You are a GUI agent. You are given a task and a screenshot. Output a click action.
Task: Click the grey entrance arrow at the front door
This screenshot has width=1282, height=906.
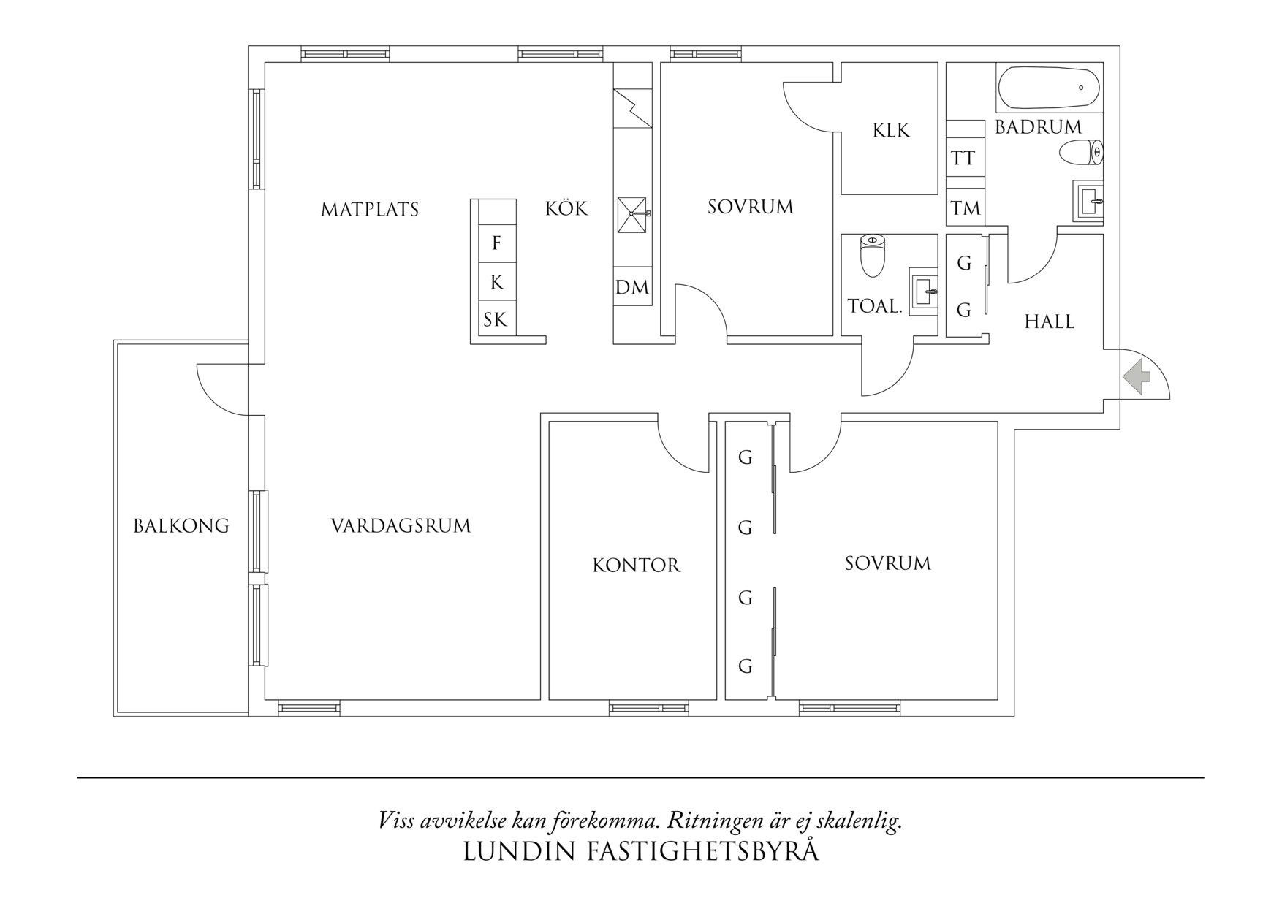click(1137, 377)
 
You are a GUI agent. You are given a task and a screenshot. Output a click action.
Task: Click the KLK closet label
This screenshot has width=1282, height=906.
click(890, 131)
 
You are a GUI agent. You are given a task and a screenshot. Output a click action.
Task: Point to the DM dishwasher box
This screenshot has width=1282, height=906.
click(632, 288)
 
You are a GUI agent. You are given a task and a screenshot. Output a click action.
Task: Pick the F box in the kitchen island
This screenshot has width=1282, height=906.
click(497, 243)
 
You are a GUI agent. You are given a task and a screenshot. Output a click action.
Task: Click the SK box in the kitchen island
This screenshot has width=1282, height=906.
click(495, 320)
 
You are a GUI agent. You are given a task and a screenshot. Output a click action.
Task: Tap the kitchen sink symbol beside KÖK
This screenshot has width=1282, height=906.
click(632, 215)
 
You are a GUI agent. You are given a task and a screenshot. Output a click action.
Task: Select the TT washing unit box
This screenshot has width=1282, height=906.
click(963, 159)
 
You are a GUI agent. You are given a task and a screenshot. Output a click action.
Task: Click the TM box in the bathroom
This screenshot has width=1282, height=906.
click(966, 209)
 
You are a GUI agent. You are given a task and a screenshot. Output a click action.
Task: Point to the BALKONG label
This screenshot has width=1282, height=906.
click(181, 526)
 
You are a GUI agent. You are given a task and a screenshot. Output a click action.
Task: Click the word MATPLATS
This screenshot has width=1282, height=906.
click(370, 210)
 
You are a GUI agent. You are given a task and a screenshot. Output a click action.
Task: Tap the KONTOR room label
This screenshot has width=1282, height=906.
click(636, 566)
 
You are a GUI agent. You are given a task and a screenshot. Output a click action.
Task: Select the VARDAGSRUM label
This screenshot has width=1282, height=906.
click(401, 526)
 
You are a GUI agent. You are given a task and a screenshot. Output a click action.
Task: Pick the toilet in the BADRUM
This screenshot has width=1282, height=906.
click(1081, 153)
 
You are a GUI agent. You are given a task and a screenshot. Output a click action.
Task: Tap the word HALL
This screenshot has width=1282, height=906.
click(1049, 322)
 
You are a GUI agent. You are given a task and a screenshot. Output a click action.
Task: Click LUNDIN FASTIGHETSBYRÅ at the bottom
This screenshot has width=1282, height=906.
click(641, 852)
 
